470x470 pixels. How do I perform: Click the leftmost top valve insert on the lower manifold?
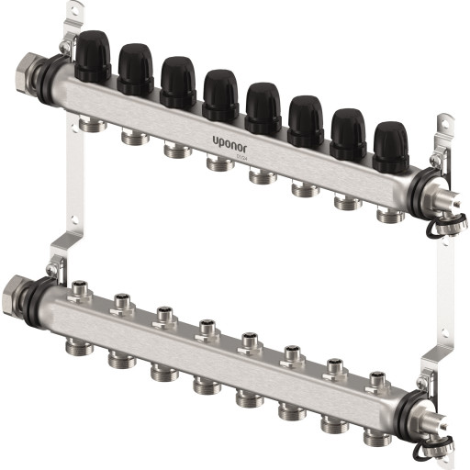(76, 287)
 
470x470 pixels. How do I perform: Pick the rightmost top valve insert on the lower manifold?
(376, 378)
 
